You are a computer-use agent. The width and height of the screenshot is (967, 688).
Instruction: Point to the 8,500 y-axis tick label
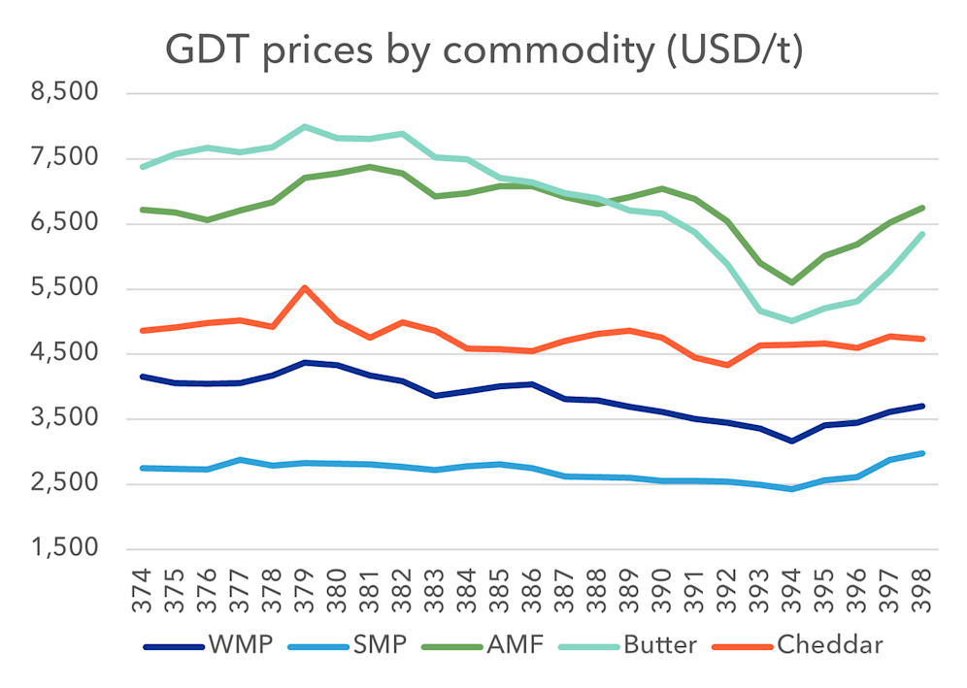point(65,94)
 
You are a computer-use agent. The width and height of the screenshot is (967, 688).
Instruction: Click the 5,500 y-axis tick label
point(65,288)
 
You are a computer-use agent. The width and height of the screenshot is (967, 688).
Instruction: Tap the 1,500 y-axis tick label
point(65,548)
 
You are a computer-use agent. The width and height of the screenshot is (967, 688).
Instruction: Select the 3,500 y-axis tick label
point(65,418)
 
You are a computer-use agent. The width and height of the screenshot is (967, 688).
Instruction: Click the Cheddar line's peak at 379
point(305,287)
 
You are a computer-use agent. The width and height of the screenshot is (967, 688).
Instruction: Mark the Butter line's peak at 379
point(305,126)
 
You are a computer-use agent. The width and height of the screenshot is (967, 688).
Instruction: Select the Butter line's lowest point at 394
point(791,320)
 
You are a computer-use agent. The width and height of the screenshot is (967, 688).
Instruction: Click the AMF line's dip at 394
point(791,282)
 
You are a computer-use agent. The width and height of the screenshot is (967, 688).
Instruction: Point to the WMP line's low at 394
point(791,442)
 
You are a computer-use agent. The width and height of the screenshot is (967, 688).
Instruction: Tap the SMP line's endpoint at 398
point(920,453)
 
